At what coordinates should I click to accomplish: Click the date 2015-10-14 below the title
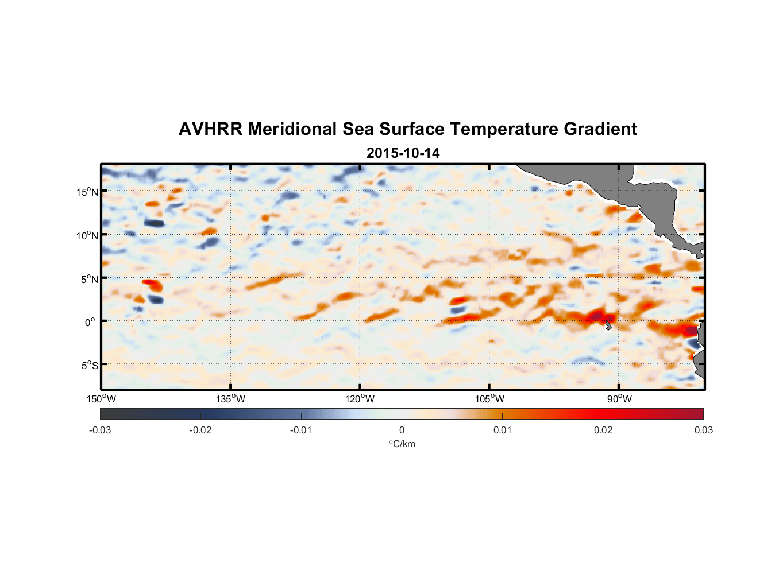pos(403,153)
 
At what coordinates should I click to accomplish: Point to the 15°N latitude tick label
pos(87,192)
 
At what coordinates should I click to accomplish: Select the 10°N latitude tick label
pos(87,235)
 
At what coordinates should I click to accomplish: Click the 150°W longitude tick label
pos(101,399)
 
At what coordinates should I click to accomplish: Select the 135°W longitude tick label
pos(230,399)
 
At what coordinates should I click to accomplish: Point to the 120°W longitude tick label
pos(360,399)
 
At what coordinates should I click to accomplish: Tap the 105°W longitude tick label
pos(489,399)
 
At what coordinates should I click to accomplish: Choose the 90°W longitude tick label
pos(619,399)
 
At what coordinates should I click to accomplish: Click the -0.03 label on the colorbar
pos(100,430)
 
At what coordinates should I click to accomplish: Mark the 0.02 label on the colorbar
pos(603,430)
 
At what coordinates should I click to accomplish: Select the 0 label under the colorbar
pos(402,430)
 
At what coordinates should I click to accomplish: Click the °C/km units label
pos(402,444)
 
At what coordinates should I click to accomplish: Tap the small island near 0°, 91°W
pos(608,325)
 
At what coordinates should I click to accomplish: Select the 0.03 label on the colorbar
pos(703,430)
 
